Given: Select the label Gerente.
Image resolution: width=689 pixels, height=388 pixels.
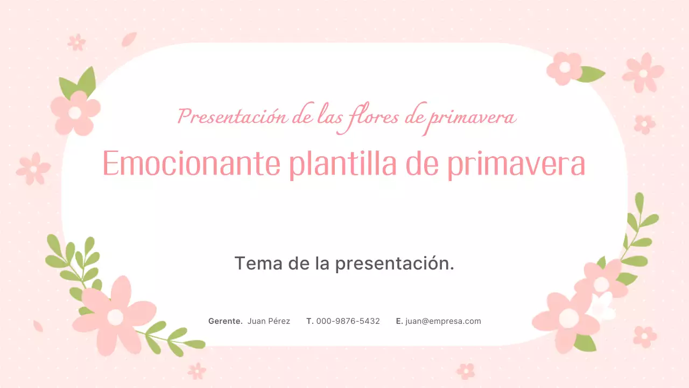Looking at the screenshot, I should click(x=225, y=321).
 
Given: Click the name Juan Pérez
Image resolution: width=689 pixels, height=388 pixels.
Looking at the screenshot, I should click(x=269, y=321).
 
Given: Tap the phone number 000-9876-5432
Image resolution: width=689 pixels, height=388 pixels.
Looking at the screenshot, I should click(x=348, y=321).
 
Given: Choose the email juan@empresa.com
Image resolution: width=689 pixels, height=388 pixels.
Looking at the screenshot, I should click(x=443, y=321).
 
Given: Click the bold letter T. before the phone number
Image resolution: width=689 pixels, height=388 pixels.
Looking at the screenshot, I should click(x=310, y=321).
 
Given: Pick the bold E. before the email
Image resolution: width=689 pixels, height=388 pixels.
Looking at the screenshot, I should click(x=399, y=321).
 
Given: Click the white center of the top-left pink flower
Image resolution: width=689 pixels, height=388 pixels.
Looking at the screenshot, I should click(x=75, y=113).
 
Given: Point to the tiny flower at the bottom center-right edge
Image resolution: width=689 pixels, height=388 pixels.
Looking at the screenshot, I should click(x=466, y=371).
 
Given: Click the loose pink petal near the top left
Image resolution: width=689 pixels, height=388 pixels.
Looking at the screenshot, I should click(x=129, y=39).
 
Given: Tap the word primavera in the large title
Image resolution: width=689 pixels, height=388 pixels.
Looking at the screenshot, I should click(x=516, y=163).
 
